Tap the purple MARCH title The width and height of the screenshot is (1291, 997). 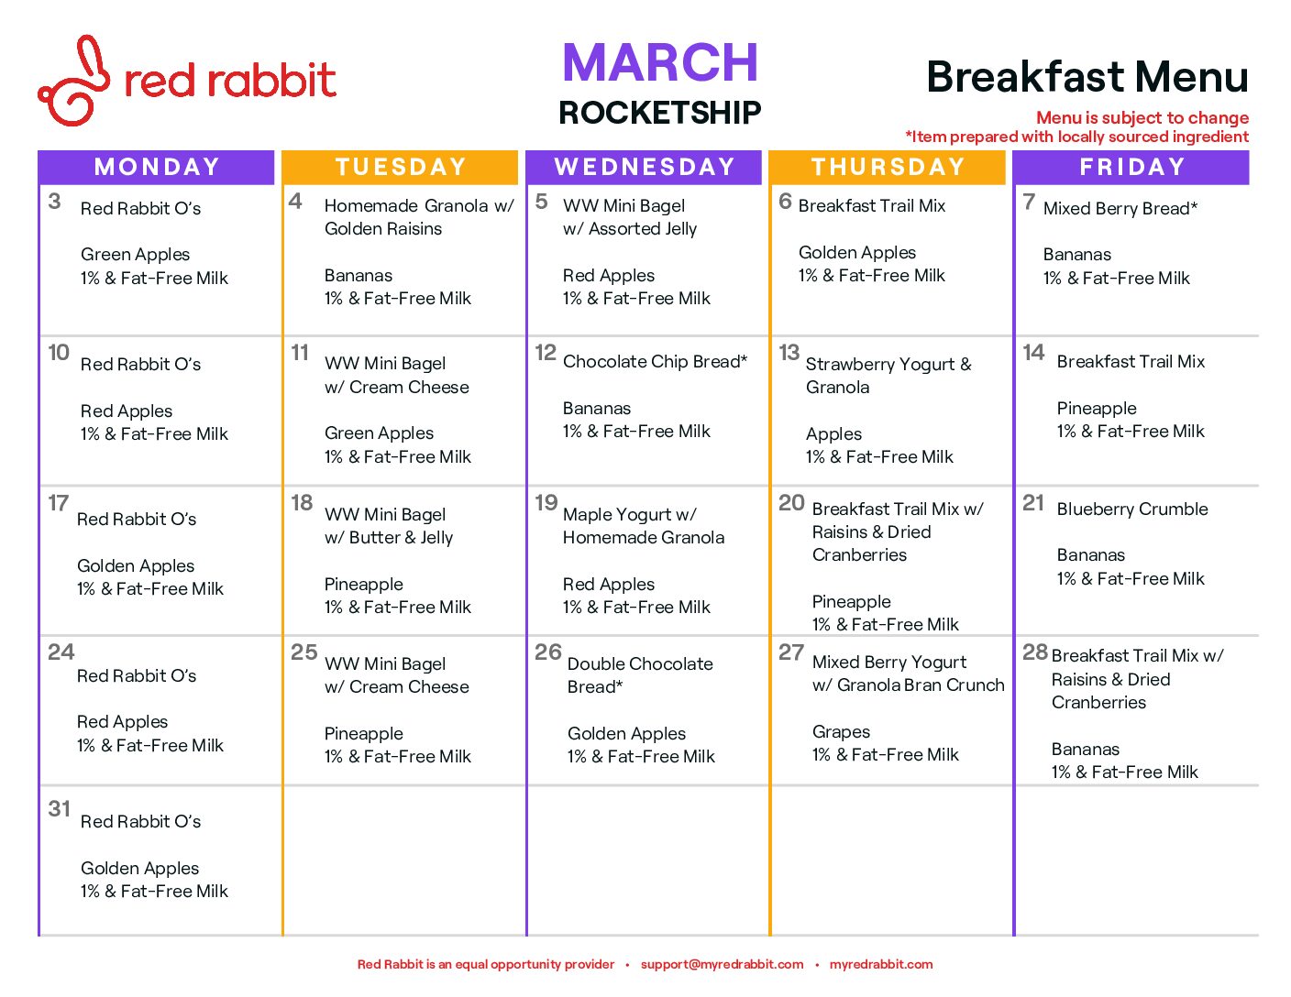[x=659, y=62]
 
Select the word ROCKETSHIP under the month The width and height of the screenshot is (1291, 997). [x=659, y=112]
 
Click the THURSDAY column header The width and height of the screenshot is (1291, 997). [x=888, y=167]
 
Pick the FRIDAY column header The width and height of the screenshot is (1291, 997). [x=1131, y=167]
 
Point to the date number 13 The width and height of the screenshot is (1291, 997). [x=789, y=352]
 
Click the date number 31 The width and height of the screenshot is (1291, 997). [x=60, y=808]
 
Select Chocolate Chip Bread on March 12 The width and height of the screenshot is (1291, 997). [x=655, y=361]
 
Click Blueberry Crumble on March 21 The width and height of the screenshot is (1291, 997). [x=1131, y=509]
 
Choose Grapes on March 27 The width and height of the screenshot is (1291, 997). [x=841, y=732]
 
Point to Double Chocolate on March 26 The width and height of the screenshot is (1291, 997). [x=640, y=663]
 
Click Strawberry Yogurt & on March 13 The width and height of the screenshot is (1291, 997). [x=888, y=364]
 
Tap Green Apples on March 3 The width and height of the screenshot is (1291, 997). [x=135, y=255]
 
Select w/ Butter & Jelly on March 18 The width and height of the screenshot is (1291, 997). [x=389, y=537]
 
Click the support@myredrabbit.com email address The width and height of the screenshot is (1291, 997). [x=722, y=964]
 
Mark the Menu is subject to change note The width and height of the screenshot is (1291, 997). [x=1142, y=117]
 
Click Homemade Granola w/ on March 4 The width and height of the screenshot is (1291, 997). [x=419, y=205]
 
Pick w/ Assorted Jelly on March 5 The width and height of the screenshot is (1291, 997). [x=630, y=228]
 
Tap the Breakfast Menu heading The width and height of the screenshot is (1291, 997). [x=1087, y=77]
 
